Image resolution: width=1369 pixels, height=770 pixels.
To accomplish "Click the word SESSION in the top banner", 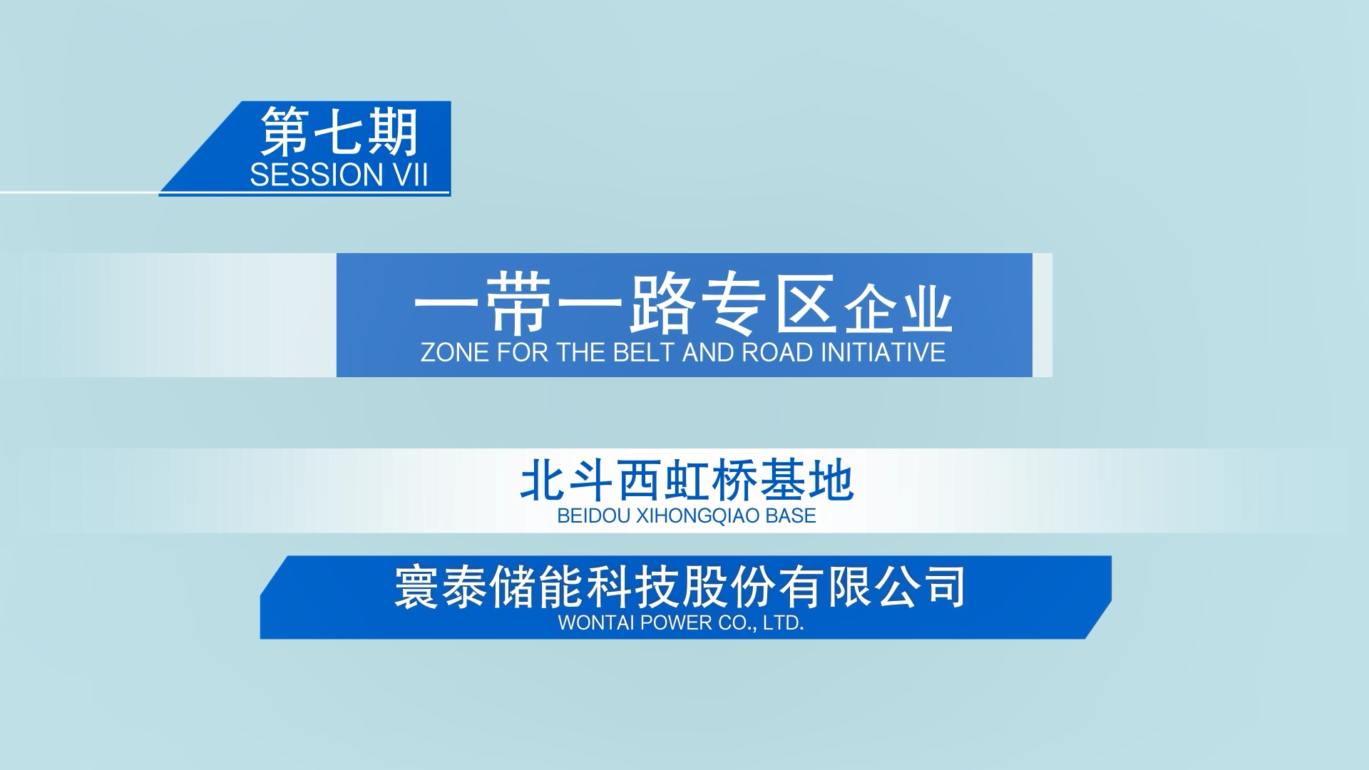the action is pos(317,175).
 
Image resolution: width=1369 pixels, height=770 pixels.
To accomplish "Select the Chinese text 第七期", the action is pos(339,132).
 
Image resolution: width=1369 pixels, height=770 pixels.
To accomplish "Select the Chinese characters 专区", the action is pos(769,304).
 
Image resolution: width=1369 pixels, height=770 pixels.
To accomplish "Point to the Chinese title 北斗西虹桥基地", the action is pos(687,481).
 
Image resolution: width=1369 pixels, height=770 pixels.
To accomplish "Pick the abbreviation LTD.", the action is pos(784,622).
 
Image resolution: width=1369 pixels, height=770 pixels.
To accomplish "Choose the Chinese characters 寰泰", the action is pos(441,587).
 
